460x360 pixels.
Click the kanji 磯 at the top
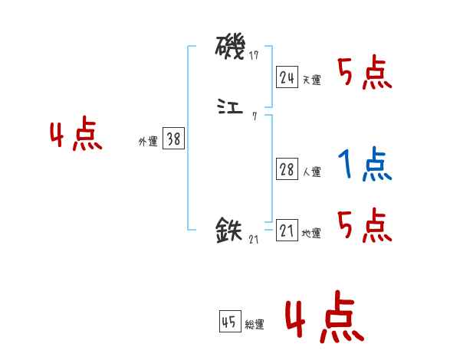tap(231, 47)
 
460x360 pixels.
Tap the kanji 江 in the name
tap(231, 107)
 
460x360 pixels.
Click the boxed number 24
tap(287, 77)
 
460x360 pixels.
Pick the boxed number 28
tap(287, 170)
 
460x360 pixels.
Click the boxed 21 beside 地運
tap(287, 231)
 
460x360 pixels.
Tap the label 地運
tap(311, 234)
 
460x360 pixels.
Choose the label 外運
tap(148, 142)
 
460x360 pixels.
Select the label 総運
tap(255, 326)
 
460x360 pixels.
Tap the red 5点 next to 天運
tap(365, 74)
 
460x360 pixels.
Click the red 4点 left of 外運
tap(76, 136)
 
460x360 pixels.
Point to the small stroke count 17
tap(254, 56)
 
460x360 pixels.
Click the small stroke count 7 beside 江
tap(254, 116)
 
